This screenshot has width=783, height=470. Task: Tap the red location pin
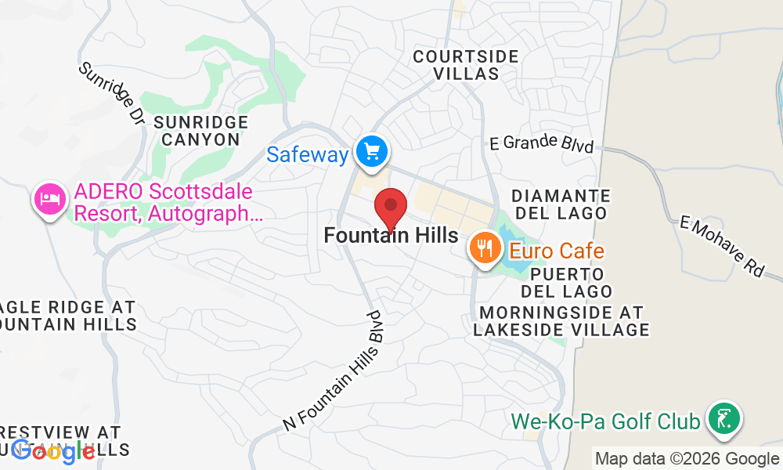pyautogui.click(x=391, y=208)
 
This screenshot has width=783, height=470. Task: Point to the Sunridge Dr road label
pyautogui.click(x=112, y=94)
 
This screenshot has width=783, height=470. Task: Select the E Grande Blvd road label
pyautogui.click(x=541, y=144)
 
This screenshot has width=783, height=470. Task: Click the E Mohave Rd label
pyautogui.click(x=721, y=246)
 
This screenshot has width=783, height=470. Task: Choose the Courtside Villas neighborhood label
pyautogui.click(x=466, y=65)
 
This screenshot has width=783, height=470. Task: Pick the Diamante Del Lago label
pyautogui.click(x=560, y=204)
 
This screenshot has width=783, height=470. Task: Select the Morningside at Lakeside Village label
pyautogui.click(x=561, y=320)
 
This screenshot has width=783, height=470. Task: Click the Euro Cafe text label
pyautogui.click(x=557, y=251)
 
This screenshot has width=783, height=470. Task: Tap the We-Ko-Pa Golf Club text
pyautogui.click(x=605, y=422)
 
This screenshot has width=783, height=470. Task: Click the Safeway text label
pyautogui.click(x=307, y=154)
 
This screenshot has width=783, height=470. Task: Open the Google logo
pyautogui.click(x=53, y=450)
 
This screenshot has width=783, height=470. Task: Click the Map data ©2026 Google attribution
pyautogui.click(x=686, y=459)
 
